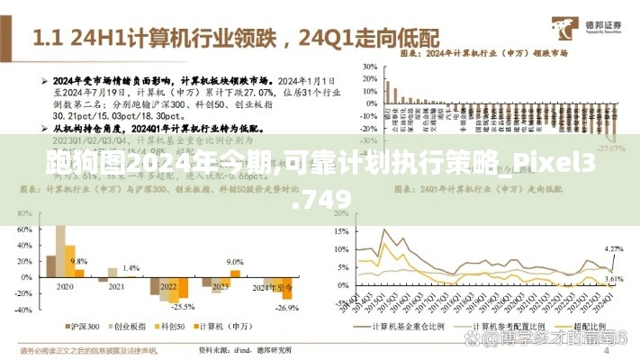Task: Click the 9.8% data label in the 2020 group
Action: pyautogui.click(x=78, y=260)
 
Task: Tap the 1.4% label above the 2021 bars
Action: pyautogui.click(x=131, y=268)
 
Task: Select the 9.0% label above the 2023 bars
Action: pyautogui.click(x=235, y=261)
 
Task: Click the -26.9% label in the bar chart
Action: pyautogui.click(x=286, y=308)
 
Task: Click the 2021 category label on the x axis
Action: pyautogui.click(x=116, y=286)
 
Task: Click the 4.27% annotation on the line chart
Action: pyautogui.click(x=613, y=247)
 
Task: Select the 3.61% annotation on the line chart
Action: pyautogui.click(x=613, y=280)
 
